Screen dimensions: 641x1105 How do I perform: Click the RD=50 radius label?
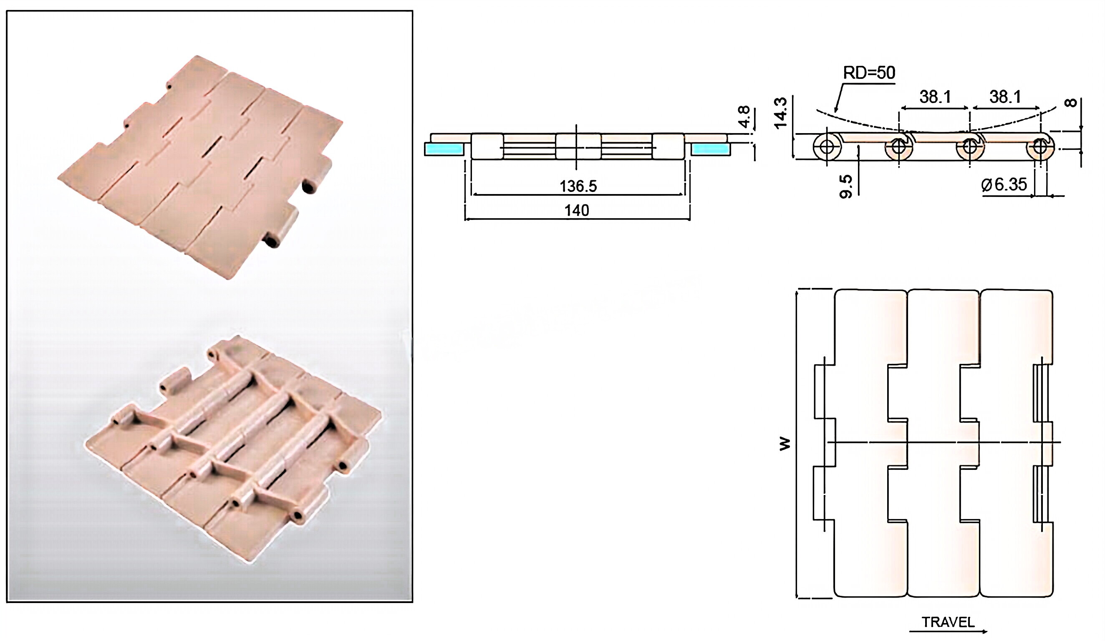pos(869,73)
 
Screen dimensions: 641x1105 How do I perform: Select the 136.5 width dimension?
pos(578,187)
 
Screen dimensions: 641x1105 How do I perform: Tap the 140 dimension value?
pos(577,211)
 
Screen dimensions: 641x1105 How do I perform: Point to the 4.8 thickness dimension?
pos(744,116)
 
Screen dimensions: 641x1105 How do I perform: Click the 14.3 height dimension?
pos(781,114)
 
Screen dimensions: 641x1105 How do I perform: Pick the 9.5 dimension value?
pos(846,187)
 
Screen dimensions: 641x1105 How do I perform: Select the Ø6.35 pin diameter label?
pos(1004,184)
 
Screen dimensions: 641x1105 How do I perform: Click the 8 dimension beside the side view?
pos(1070,103)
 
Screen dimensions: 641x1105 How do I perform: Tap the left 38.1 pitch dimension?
pos(935,96)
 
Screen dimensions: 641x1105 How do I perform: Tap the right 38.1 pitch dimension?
pos(1005,96)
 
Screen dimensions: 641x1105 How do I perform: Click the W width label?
pos(785,444)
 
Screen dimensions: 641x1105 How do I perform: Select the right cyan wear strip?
pos(710,149)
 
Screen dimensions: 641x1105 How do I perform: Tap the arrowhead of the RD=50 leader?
pos(836,110)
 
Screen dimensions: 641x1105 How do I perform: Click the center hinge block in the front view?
pos(578,146)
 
